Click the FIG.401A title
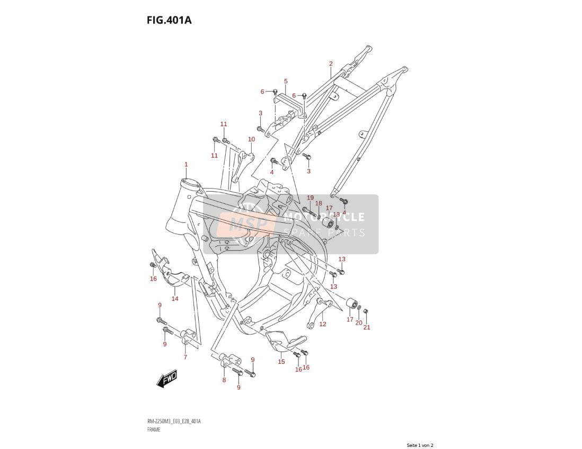click(169, 20)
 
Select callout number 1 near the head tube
click(186, 164)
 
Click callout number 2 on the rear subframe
click(331, 64)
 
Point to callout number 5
click(286, 81)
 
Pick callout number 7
click(185, 357)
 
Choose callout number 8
click(224, 380)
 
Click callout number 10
click(251, 139)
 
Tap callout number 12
click(323, 324)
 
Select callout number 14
click(175, 299)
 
